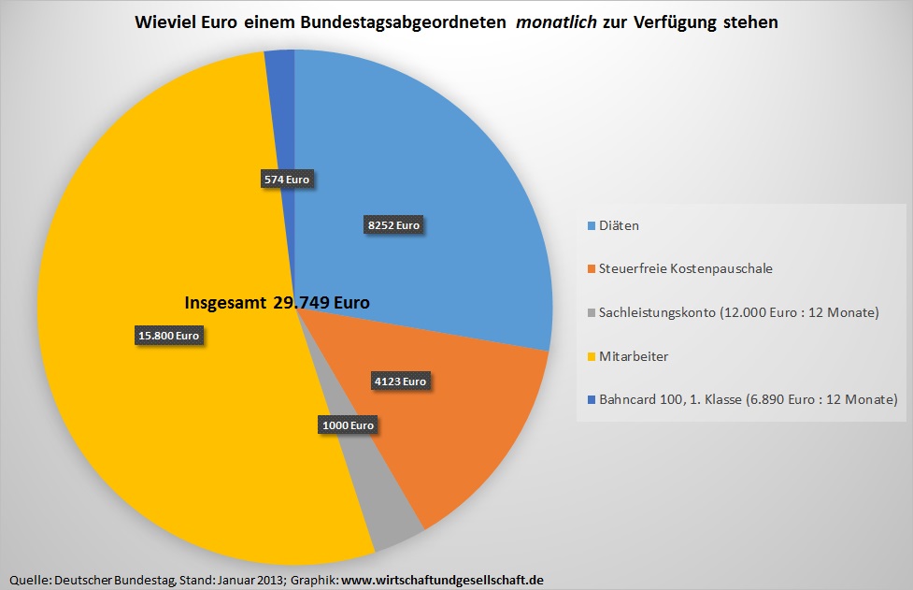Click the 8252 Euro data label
393,224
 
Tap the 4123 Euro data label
399,381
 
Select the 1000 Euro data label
347,425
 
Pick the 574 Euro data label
286,180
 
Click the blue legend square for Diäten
591,226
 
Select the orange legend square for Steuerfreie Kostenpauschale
591,269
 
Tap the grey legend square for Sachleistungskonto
591,313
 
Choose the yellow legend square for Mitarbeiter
591,357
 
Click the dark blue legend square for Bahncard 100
591,400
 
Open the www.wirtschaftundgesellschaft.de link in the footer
442,581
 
